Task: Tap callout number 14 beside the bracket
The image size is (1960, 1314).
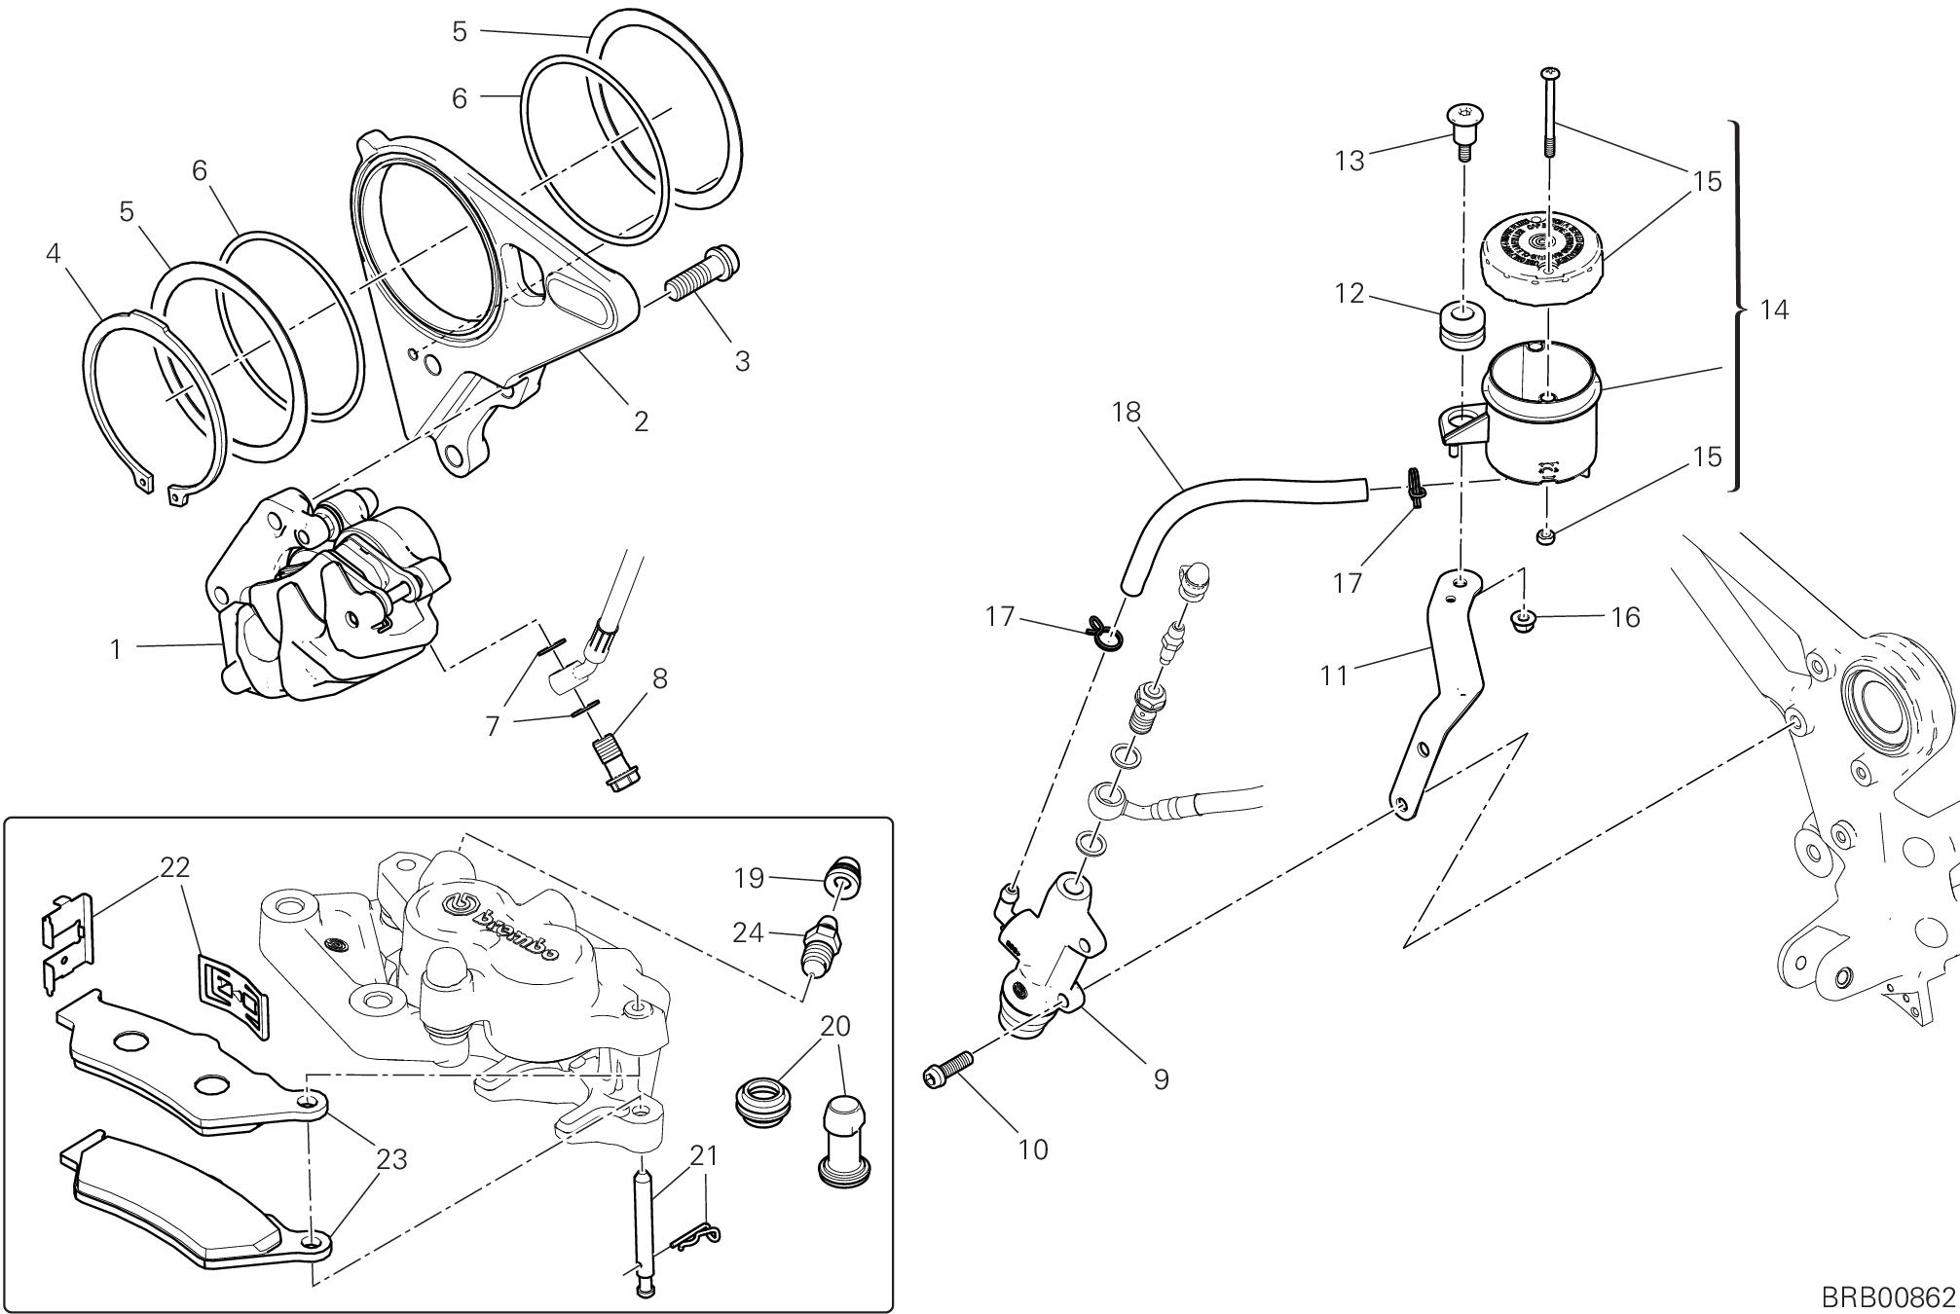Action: click(x=1775, y=310)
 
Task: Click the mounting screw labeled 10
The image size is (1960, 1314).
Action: click(x=947, y=1071)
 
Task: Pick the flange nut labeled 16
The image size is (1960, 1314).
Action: click(x=1522, y=618)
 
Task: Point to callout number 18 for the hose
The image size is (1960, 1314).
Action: click(x=1127, y=412)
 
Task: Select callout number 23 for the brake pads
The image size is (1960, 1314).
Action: click(x=392, y=1159)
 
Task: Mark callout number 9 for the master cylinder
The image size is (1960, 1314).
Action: click(x=1161, y=1078)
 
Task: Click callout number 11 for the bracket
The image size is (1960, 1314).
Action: click(x=1334, y=675)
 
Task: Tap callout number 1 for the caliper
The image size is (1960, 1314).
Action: click(x=116, y=649)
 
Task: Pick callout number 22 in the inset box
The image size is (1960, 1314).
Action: click(x=175, y=866)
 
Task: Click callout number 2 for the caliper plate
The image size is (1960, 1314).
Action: click(x=640, y=421)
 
